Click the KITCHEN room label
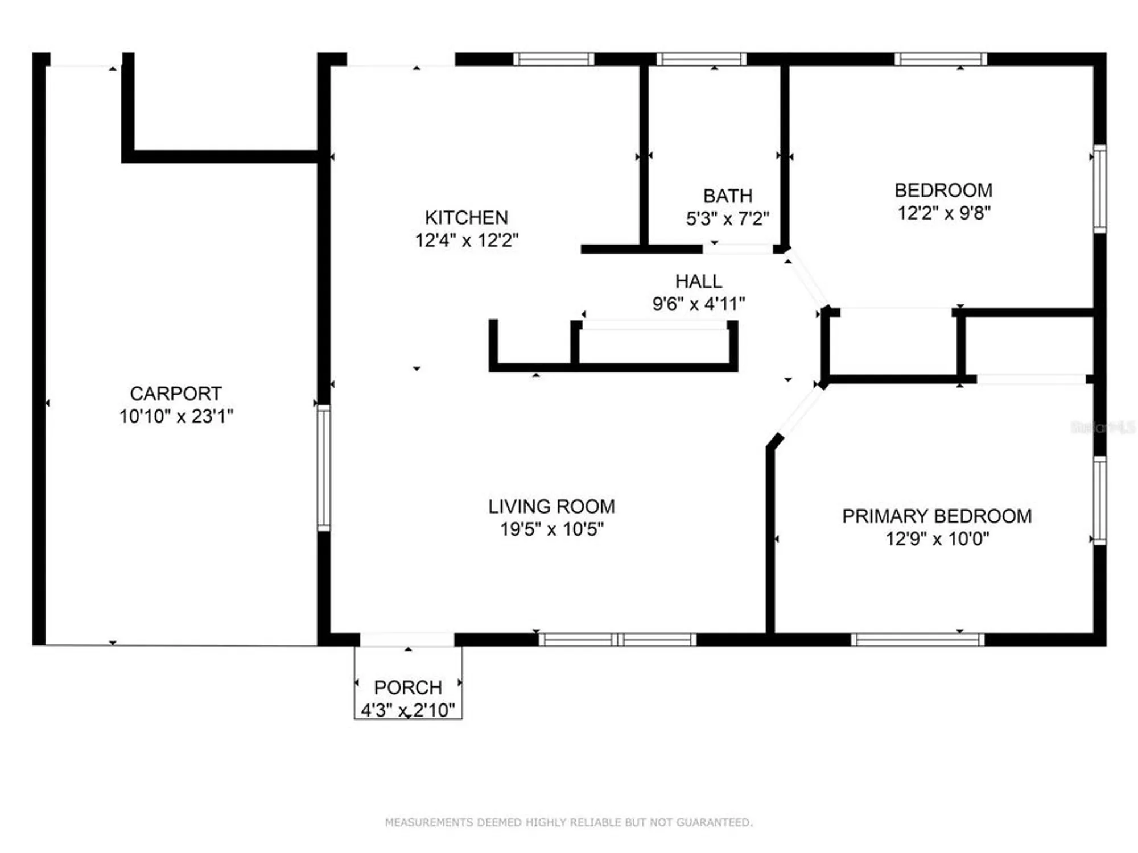(x=466, y=217)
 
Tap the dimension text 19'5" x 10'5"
(x=551, y=529)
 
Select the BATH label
(x=727, y=196)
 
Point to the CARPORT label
(x=175, y=394)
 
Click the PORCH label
(x=407, y=688)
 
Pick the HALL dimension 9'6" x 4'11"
(x=698, y=304)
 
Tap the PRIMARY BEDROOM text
(x=937, y=516)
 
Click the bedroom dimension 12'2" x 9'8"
(x=943, y=213)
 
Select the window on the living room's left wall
(x=323, y=467)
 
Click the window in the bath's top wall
(x=701, y=59)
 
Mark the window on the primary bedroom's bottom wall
(x=917, y=640)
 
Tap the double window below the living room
(x=617, y=640)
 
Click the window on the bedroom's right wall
(x=1100, y=188)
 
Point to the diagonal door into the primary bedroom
(x=799, y=411)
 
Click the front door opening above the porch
(x=407, y=640)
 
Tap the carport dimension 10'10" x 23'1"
(x=176, y=416)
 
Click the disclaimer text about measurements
(x=568, y=822)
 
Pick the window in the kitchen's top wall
(x=553, y=59)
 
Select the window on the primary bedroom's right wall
(x=1100, y=500)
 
